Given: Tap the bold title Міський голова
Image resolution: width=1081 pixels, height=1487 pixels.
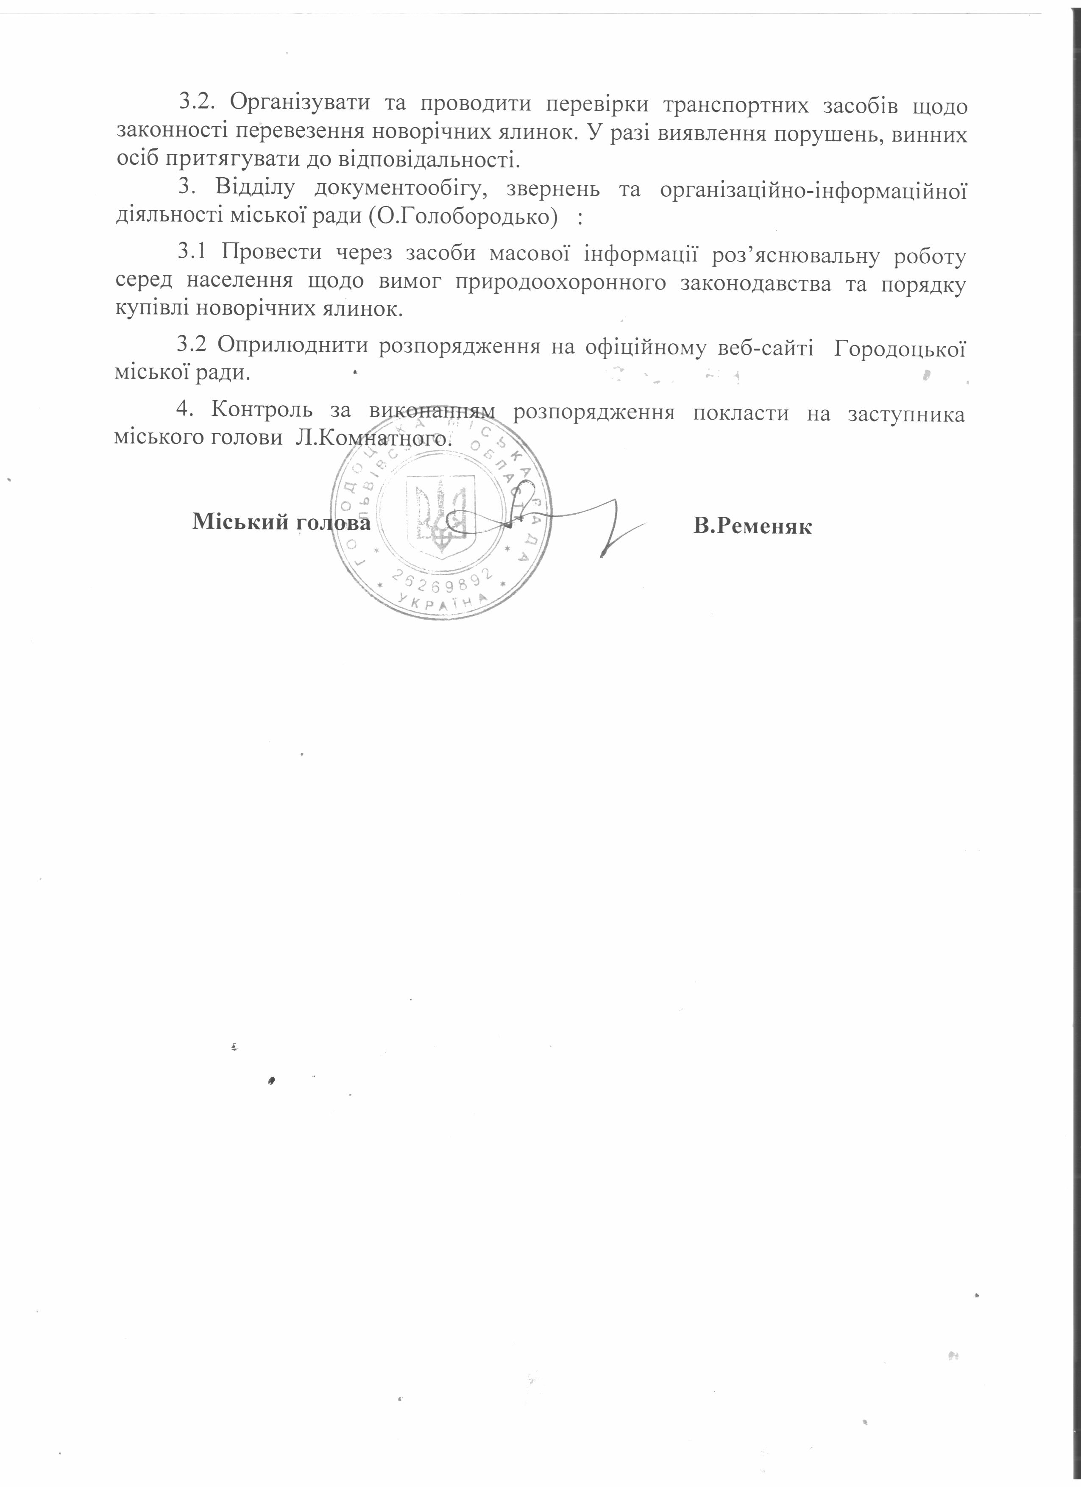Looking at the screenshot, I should click(281, 523).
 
